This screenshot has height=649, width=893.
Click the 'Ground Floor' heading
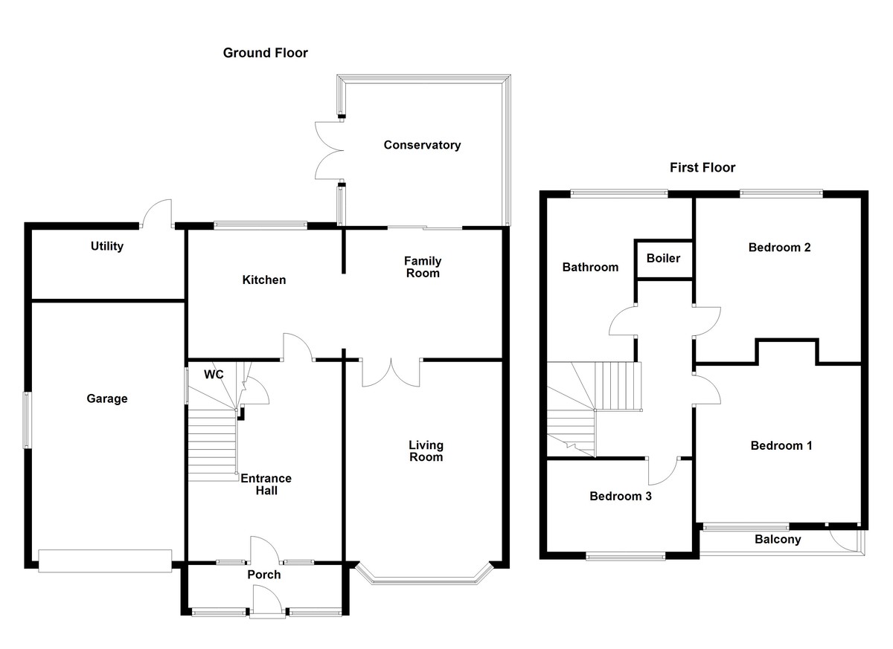(265, 53)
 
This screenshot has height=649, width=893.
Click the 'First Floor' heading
(702, 167)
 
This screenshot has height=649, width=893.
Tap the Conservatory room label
(422, 145)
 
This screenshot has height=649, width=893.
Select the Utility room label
(106, 246)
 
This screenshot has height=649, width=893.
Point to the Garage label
(106, 398)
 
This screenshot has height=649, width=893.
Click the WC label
(214, 375)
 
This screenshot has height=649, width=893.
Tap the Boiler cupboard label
(663, 259)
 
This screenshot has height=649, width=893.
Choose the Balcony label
(778, 540)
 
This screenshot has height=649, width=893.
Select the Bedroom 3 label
(621, 496)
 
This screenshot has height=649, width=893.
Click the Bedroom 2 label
(779, 248)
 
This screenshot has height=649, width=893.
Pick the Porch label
(263, 575)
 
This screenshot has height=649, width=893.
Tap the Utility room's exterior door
(158, 213)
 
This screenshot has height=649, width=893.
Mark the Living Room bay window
(425, 574)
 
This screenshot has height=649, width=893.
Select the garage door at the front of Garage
(105, 561)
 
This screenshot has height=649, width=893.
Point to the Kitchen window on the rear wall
(260, 225)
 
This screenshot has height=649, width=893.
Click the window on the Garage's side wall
(28, 420)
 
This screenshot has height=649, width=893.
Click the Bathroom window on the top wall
(618, 194)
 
